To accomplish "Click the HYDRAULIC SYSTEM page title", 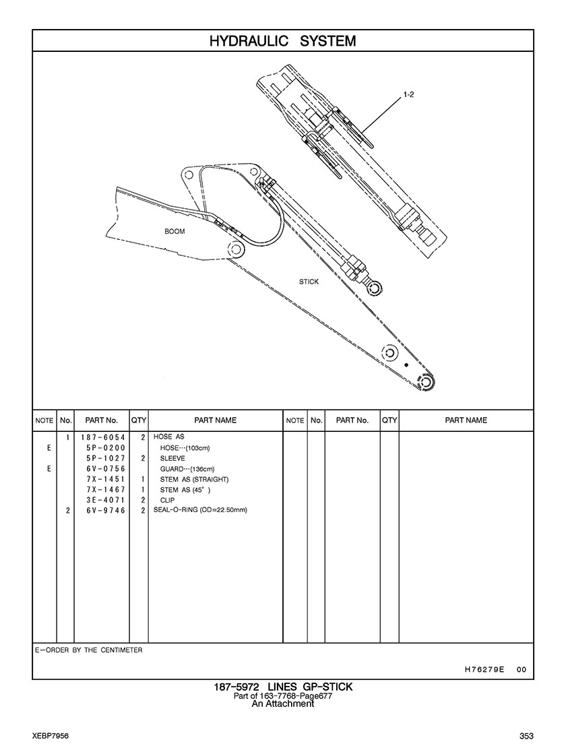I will [x=282, y=41].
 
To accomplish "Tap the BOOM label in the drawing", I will [x=175, y=231].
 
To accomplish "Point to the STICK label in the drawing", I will [x=309, y=282].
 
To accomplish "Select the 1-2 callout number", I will [x=408, y=95].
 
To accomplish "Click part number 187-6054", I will [x=102, y=437].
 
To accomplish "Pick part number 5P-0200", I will [x=105, y=448].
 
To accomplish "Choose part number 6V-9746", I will [x=105, y=511].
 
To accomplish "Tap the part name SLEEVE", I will [x=172, y=458].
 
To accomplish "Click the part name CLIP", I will [x=167, y=501].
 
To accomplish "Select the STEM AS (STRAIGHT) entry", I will [x=194, y=479].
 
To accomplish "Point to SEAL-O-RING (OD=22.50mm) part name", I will [x=200, y=511].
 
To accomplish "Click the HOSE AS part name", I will [x=168, y=437].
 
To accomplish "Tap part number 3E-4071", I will [x=105, y=501].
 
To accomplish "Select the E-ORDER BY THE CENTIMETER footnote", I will [x=88, y=651].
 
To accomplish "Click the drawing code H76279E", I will [x=484, y=670].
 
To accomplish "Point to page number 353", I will [x=526, y=735].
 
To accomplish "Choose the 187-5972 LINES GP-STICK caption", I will [x=282, y=687].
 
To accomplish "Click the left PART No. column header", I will [x=101, y=420].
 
